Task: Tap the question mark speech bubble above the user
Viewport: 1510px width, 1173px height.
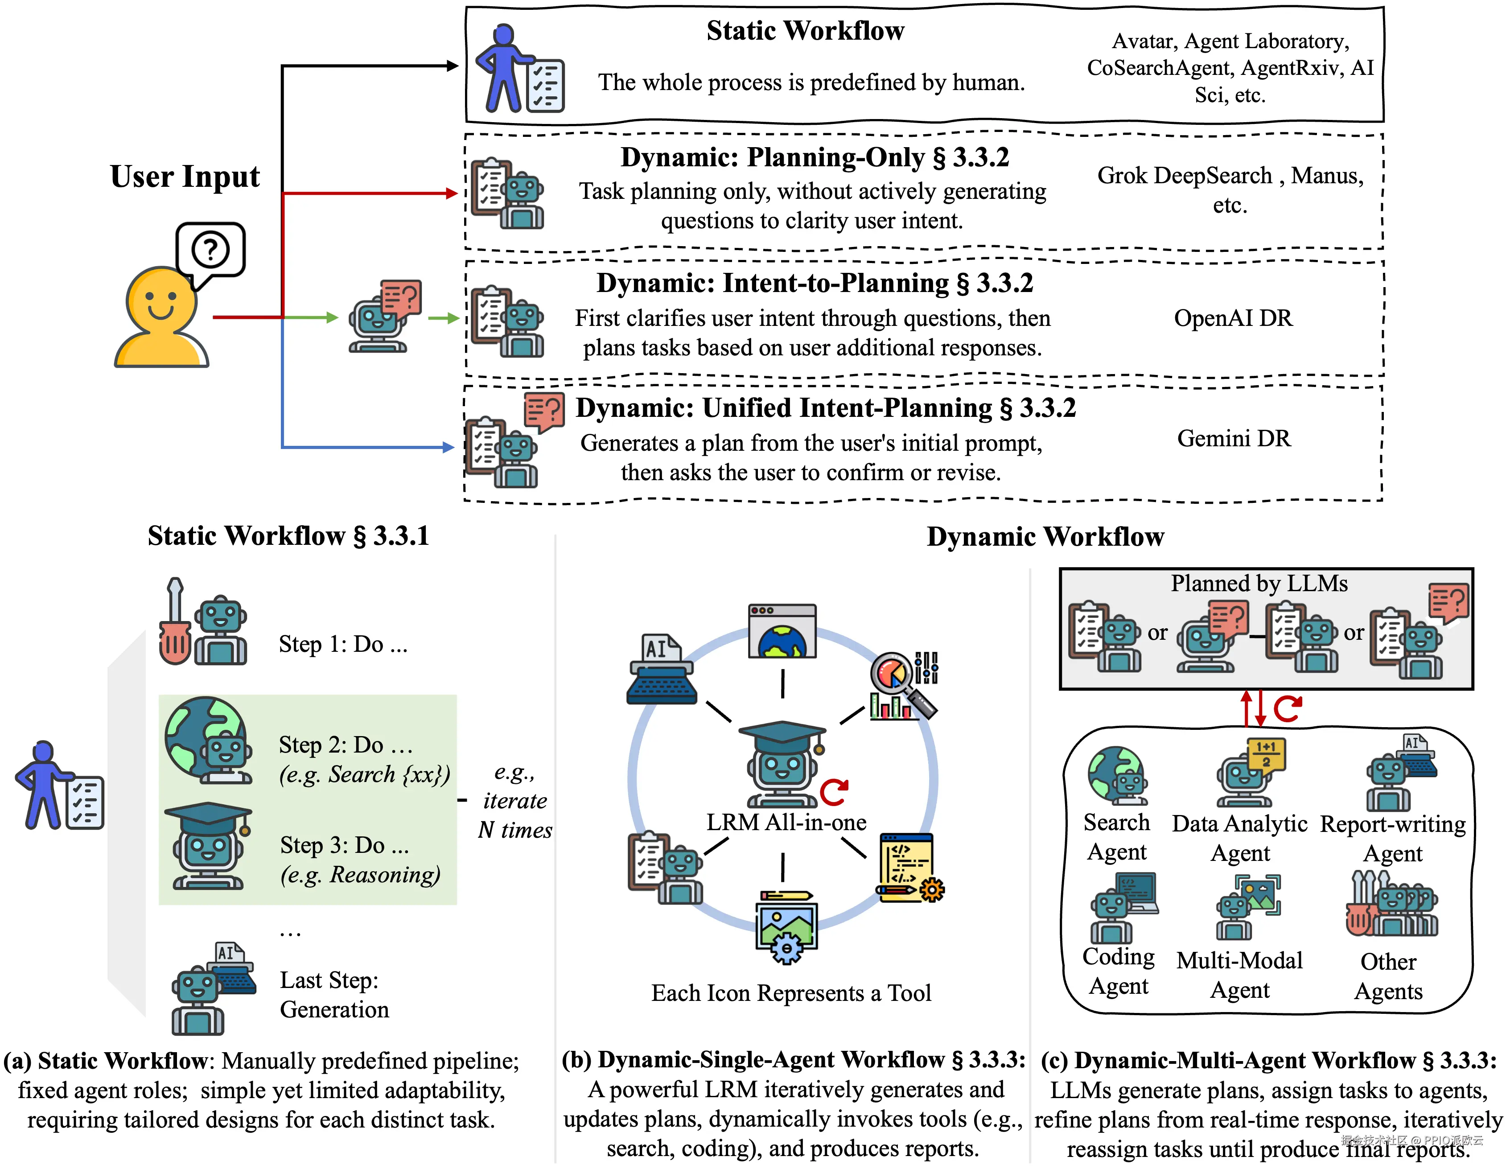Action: tap(210, 250)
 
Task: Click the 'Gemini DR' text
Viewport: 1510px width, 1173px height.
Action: tap(1234, 438)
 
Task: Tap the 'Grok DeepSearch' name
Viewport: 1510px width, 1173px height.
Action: tap(1185, 176)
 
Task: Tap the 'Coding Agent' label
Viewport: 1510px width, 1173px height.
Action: tap(1118, 971)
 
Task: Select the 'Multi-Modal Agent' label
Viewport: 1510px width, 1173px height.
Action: tap(1240, 975)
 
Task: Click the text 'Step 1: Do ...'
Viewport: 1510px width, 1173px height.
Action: tap(343, 644)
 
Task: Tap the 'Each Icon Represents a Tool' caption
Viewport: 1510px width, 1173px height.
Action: tap(791, 993)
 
